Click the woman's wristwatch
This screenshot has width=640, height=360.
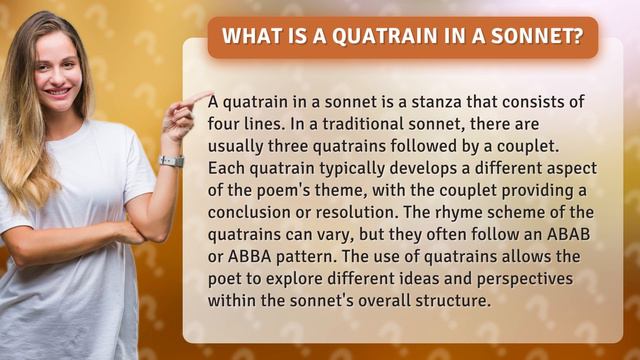pos(171,161)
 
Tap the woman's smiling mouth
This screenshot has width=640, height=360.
pos(58,92)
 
